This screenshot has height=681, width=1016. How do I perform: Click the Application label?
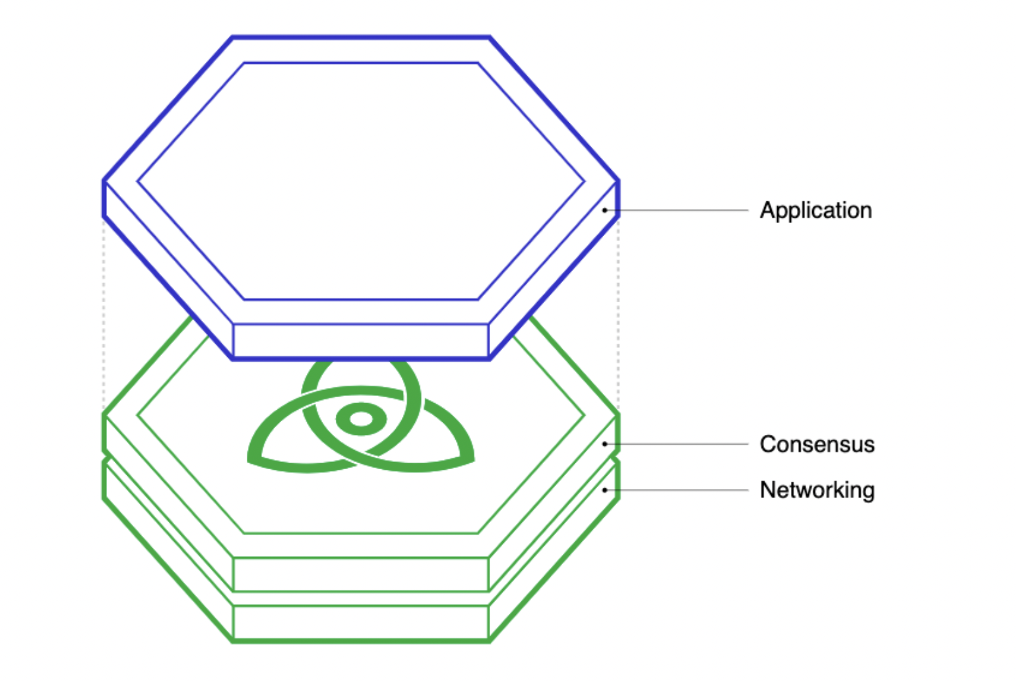pos(815,211)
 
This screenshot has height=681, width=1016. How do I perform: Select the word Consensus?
pos(817,444)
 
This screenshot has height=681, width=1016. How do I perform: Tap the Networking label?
pos(817,490)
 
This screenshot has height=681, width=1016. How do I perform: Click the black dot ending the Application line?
pos(604,211)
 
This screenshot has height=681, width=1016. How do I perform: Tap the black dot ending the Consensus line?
pos(604,444)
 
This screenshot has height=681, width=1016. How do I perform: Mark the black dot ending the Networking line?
pos(604,490)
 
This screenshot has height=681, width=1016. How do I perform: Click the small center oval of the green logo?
pos(361,419)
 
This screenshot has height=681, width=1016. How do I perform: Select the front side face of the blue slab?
pos(361,340)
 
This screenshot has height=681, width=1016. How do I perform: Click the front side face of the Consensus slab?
pos(361,574)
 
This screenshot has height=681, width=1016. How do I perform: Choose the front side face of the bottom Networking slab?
pos(361,622)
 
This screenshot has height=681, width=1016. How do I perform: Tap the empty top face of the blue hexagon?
pos(361,181)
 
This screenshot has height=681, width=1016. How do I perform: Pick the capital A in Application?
pos(767,211)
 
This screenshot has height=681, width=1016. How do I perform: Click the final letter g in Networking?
pos(868,492)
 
